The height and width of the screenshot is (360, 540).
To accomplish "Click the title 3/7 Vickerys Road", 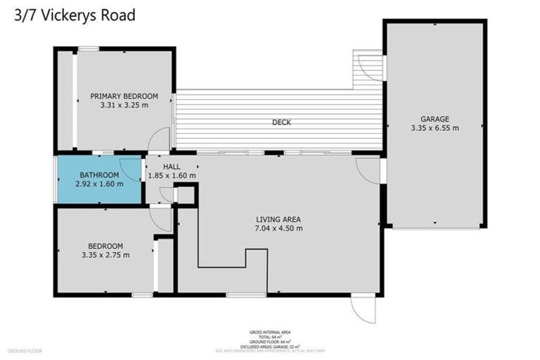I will point(75,15).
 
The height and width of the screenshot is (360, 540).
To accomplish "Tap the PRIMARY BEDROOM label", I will point(124,96).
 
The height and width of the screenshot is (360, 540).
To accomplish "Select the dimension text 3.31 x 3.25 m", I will point(124,105).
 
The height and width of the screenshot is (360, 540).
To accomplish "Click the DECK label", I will point(281,122).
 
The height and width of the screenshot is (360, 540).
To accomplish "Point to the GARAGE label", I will point(435,119).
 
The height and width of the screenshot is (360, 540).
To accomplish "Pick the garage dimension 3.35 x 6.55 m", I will point(435,128).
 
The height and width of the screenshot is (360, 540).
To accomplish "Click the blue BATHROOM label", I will point(99,174).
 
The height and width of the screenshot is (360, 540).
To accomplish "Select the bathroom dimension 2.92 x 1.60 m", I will point(99,184).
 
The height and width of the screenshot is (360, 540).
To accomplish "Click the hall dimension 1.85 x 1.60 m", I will point(172,176).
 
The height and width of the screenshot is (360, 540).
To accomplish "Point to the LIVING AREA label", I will point(278,219).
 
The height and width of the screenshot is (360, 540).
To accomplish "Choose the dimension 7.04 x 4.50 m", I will point(278,228).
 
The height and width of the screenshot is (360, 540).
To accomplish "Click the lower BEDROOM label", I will point(105,245).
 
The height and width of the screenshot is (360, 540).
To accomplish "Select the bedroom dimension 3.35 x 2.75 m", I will point(105,255).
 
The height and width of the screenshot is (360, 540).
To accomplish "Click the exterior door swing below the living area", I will point(364,309).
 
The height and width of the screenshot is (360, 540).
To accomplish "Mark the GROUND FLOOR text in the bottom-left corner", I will point(25,350).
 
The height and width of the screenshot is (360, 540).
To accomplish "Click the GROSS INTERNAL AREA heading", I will point(270,332).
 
